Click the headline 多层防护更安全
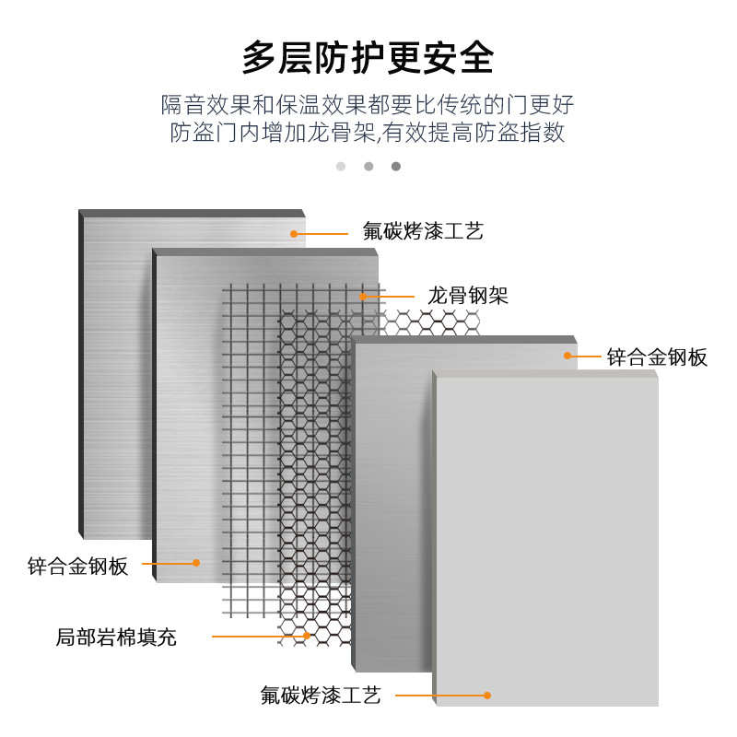click(x=368, y=57)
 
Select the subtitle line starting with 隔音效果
click(x=368, y=103)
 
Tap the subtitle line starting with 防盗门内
click(x=368, y=132)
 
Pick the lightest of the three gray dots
click(x=341, y=167)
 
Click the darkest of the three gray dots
click(x=396, y=167)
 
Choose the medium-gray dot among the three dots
click(x=368, y=167)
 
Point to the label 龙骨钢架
click(x=468, y=296)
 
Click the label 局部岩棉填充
click(x=116, y=637)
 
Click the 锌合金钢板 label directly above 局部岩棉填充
click(x=78, y=566)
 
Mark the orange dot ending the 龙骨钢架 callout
click(x=364, y=297)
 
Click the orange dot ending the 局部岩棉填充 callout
click(x=307, y=636)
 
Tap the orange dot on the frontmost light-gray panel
click(x=488, y=696)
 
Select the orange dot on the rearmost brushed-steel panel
click(x=294, y=234)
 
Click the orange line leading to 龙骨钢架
click(x=392, y=297)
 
